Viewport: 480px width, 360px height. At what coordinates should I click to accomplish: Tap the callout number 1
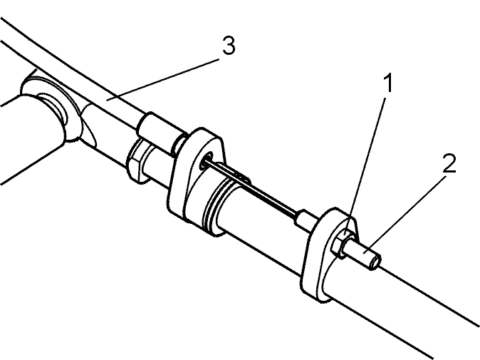pos(388,83)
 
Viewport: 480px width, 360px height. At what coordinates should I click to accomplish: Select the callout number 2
pos(449,164)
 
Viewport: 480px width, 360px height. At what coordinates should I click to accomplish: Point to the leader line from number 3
pos(163,79)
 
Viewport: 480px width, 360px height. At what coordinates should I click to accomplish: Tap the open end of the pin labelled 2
pos(375,263)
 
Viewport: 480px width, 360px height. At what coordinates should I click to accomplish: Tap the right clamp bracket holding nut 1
pos(328,254)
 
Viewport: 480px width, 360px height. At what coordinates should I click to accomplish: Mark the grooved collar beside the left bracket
pos(214,208)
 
